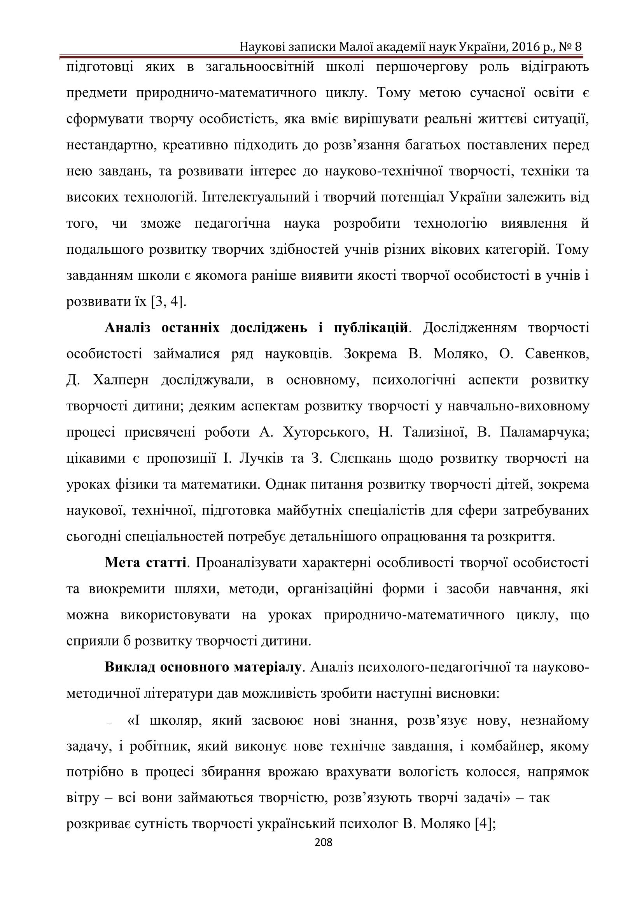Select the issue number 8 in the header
[x=578, y=47]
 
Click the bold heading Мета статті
[x=145, y=563]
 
